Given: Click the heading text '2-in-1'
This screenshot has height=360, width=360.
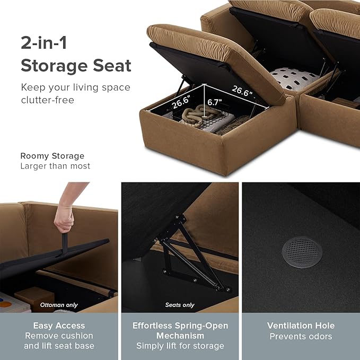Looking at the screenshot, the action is tap(44, 42).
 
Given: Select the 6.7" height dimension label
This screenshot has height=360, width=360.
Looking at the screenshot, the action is tap(215, 102).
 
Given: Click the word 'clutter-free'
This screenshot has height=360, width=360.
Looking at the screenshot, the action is tap(48, 100).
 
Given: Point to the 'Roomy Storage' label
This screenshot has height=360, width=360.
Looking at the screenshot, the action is tap(52, 156).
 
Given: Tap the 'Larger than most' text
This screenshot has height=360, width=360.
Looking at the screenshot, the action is tap(55, 166).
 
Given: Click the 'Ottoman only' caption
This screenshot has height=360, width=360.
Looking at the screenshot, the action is tap(59, 305).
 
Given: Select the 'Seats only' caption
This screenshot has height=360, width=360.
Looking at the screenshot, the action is tap(180, 305).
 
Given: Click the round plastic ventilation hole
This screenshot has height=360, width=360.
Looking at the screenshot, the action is tap(302, 252).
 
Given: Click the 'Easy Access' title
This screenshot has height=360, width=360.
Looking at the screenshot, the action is tap(59, 326).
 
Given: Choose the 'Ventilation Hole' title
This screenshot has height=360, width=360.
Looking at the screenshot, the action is tap(301, 326).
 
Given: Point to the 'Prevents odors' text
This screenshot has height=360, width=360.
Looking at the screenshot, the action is tap(301, 336).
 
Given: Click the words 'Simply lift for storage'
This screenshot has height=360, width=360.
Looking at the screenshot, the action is tap(180, 346).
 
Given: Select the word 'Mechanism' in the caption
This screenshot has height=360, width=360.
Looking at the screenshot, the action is tap(180, 336).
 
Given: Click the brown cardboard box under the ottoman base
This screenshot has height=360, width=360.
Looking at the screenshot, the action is tap(34, 298).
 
